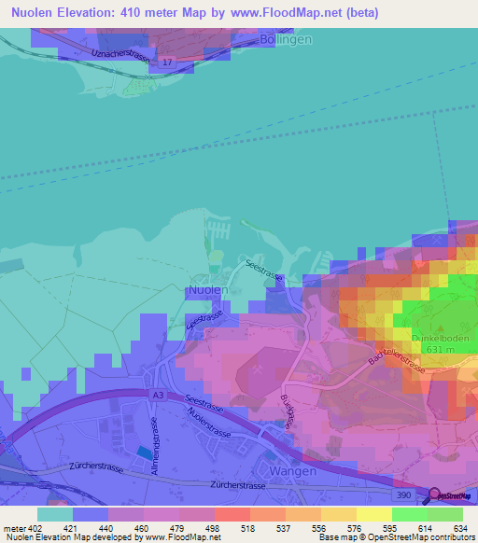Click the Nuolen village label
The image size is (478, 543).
click(x=207, y=290)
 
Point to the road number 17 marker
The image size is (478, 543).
click(x=166, y=62)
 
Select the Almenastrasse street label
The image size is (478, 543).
click(x=156, y=438)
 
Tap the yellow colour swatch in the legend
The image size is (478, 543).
click(x=373, y=514)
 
